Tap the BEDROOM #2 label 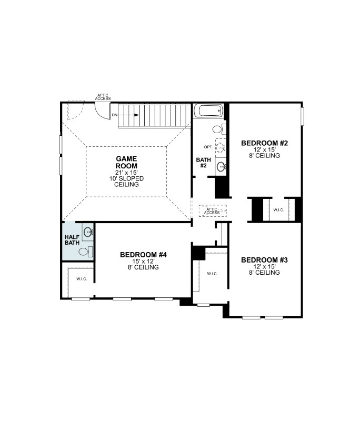click(264, 143)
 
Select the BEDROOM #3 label click(264, 260)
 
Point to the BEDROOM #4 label click(143, 255)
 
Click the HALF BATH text click(72, 240)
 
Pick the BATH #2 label click(203, 163)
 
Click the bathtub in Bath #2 click(209, 112)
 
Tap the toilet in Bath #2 click(218, 129)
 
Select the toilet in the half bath click(84, 252)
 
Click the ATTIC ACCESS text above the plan click(103, 97)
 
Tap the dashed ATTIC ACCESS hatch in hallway click(212, 210)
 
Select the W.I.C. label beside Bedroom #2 click(278, 210)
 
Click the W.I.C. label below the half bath click(81, 278)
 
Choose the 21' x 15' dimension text click(126, 173)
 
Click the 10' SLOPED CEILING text click(126, 182)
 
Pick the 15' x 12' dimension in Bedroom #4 click(143, 262)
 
